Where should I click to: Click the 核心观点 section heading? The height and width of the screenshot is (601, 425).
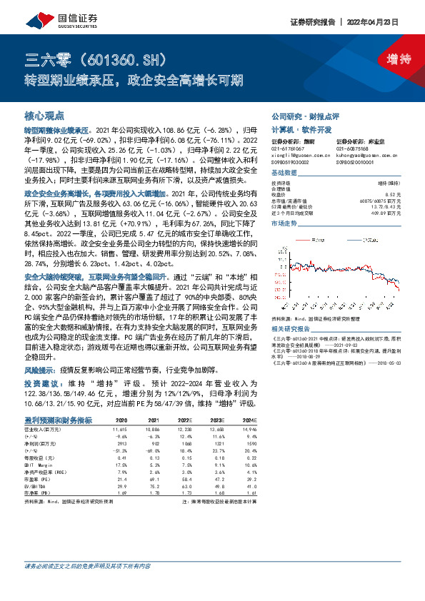(x=44, y=115)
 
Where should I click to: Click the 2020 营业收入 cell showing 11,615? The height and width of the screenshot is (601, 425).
(x=119, y=430)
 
